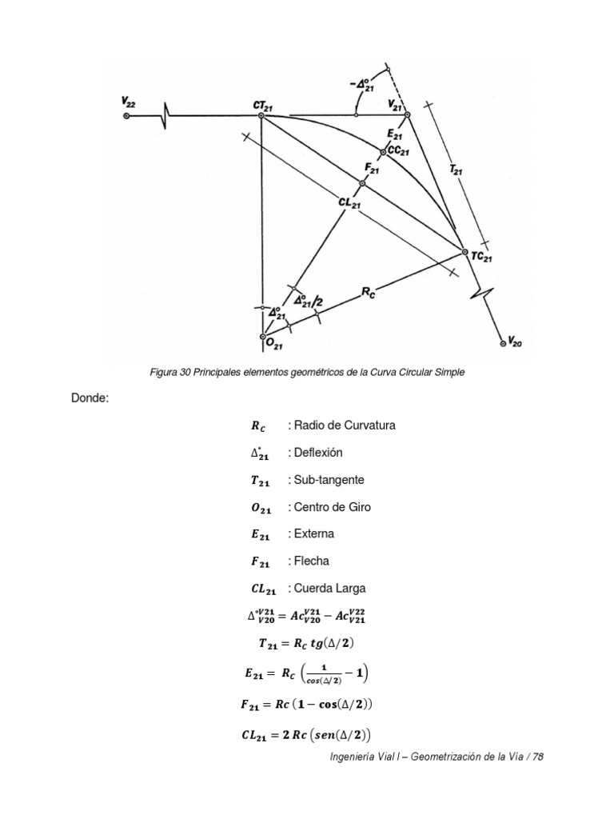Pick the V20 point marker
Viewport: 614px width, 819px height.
(503, 343)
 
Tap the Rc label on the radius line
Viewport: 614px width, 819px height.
(369, 293)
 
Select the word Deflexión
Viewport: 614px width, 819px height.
(319, 453)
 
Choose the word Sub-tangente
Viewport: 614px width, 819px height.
(329, 480)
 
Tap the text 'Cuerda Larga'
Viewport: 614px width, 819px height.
(330, 589)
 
